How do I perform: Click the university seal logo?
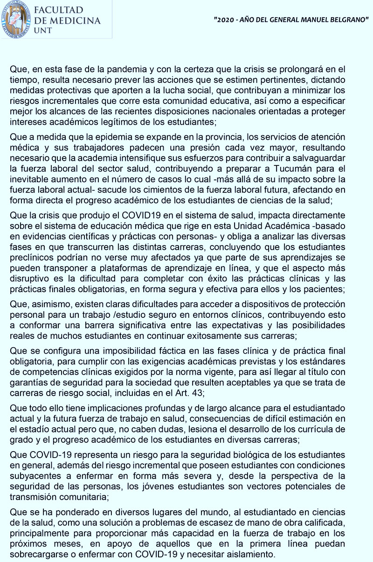(x=16, y=20)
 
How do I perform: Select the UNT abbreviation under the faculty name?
(x=43, y=30)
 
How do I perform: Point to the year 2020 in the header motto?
(x=223, y=21)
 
